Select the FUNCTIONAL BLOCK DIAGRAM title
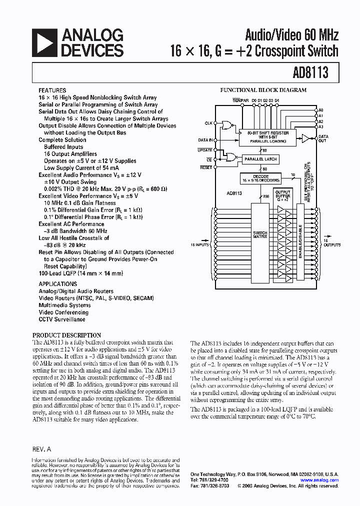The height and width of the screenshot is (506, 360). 263,90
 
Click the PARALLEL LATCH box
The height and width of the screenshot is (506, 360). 260,159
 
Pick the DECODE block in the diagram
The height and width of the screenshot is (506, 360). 260,178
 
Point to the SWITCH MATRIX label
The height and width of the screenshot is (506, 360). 260,235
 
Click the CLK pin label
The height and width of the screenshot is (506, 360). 208,123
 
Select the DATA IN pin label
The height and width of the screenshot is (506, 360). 205,140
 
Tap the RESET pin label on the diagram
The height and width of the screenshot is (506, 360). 206,167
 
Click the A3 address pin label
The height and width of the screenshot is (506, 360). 321,127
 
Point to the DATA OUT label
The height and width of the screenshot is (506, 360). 323,138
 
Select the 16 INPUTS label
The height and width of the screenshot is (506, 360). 200,245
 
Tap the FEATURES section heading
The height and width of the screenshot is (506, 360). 52,90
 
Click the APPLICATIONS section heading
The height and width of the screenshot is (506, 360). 58,284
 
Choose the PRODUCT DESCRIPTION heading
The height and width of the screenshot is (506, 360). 66,335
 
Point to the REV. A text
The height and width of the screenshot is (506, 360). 41,449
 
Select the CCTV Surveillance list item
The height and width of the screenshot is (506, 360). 62,319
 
